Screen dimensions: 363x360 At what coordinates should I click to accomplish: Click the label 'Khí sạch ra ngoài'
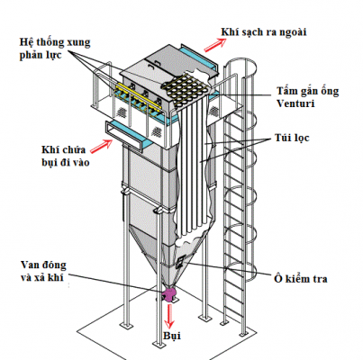pos(264,32)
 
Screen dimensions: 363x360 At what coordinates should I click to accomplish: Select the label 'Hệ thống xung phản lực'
pos(55,48)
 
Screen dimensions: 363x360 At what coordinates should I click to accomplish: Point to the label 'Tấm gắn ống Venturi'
pos(307,97)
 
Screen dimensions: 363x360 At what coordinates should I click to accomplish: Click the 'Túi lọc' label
pos(292,138)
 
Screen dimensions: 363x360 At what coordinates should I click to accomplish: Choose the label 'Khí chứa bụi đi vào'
pos(65,156)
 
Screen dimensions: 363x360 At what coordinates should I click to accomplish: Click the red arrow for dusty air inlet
pos(102,146)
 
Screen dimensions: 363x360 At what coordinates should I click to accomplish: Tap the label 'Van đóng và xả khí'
pos(43,271)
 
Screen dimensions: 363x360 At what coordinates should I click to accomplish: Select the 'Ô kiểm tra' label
pos(300,279)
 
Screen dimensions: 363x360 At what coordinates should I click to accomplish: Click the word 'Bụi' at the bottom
pos(172,336)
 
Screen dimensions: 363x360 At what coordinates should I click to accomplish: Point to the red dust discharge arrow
pos(170,316)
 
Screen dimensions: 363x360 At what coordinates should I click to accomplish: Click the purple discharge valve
pos(169,294)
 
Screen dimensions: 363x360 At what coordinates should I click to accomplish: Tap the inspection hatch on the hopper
pos(180,262)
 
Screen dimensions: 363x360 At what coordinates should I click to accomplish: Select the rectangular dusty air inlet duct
pos(124,135)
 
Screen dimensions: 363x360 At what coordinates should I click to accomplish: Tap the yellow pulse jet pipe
pos(140,95)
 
